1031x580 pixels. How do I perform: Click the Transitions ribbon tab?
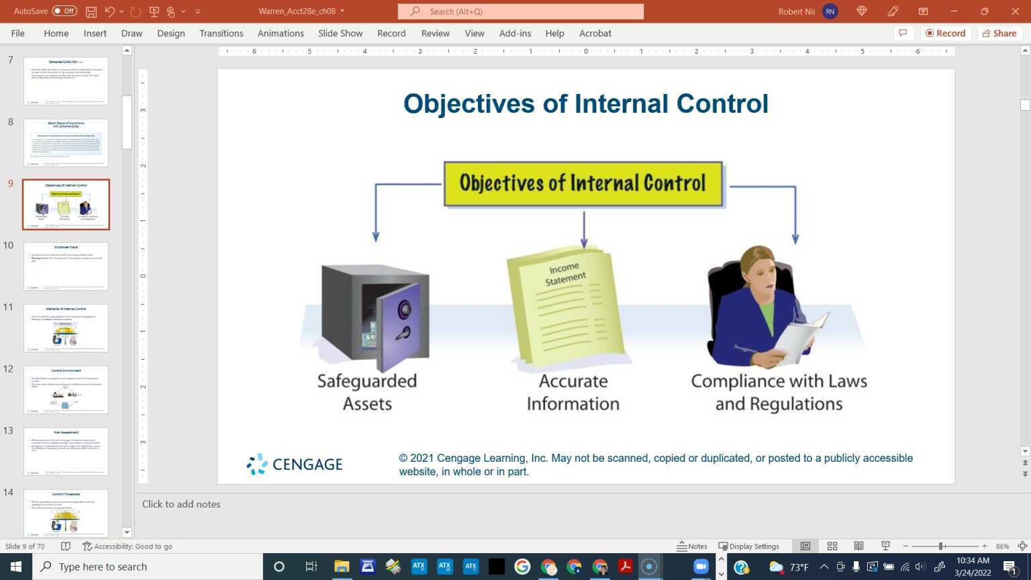point(221,33)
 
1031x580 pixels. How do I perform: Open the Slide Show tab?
point(340,33)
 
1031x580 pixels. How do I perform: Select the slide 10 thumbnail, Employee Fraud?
point(66,267)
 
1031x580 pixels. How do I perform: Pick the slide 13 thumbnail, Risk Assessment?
point(66,452)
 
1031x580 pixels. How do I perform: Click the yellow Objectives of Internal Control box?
point(583,183)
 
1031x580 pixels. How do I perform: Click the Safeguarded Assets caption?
point(367,392)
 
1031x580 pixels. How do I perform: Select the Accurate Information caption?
point(573,392)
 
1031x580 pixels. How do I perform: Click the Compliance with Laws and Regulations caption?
point(779,392)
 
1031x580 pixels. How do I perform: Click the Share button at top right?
point(999,33)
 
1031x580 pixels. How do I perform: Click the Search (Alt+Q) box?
point(520,11)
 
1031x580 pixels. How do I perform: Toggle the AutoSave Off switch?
point(64,11)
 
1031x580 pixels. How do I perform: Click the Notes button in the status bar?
point(692,546)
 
